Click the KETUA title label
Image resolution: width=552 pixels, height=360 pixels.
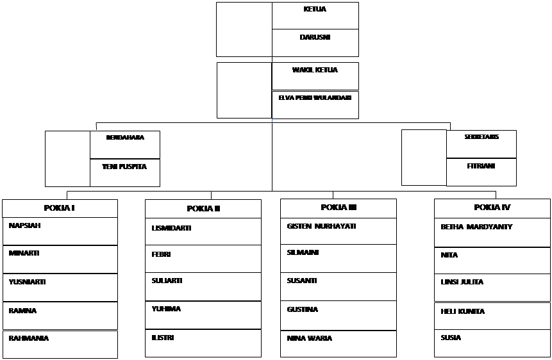[315, 10]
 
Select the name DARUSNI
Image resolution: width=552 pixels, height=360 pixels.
[315, 37]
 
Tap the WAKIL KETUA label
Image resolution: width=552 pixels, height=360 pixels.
[315, 70]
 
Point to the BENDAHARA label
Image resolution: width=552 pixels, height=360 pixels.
[125, 137]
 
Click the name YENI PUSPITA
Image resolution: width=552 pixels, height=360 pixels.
[124, 167]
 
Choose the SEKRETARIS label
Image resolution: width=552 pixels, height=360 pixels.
[481, 136]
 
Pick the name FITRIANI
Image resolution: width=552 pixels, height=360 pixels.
[481, 165]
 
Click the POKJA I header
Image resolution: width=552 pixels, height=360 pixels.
[60, 208]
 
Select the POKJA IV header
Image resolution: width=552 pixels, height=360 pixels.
[492, 207]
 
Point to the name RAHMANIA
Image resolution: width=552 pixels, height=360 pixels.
[28, 338]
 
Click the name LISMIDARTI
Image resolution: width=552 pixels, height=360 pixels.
[171, 227]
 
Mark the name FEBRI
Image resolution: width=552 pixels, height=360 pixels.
[161, 254]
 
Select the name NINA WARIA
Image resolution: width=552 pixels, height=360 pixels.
[310, 338]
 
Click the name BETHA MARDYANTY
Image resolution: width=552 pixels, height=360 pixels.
[476, 227]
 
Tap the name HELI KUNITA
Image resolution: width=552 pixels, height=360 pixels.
[462, 311]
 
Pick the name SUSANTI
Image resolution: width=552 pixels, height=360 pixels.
[302, 281]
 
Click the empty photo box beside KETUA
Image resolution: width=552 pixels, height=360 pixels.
[244, 29]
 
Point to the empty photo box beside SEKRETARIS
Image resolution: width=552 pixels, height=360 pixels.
[424, 157]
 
